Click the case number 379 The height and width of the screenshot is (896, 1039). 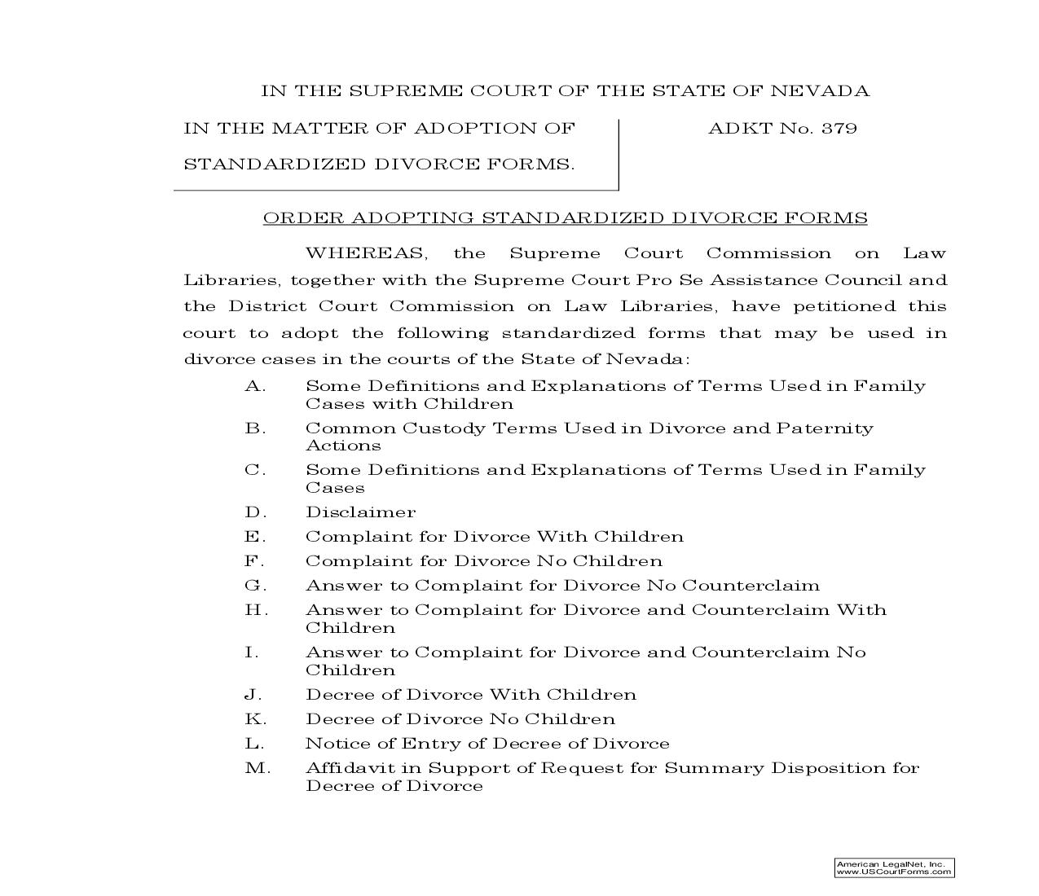click(x=839, y=129)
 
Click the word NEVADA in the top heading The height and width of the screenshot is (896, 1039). click(x=820, y=91)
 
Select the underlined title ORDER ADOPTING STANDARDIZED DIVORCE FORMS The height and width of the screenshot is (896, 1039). click(x=565, y=218)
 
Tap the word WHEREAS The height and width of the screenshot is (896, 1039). click(x=364, y=253)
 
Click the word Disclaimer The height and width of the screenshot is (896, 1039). click(x=360, y=512)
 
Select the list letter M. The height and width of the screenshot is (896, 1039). click(x=257, y=768)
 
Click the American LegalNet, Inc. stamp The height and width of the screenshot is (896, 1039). click(x=894, y=867)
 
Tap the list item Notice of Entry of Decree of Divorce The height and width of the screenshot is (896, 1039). click(x=487, y=744)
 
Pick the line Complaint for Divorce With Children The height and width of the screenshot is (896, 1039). click(x=495, y=537)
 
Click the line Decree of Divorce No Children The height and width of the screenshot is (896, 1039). click(x=460, y=719)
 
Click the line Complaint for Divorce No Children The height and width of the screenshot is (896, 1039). click(x=484, y=561)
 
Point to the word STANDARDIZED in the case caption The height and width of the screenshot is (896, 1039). click(x=274, y=165)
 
